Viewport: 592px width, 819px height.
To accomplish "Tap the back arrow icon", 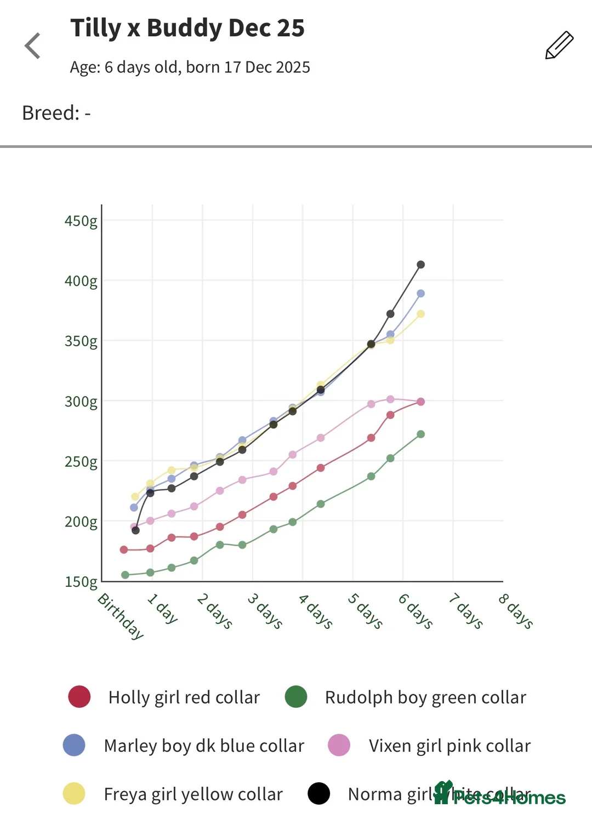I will [33, 45].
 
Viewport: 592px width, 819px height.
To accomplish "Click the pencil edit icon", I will [559, 45].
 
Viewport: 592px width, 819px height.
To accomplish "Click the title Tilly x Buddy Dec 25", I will [187, 28].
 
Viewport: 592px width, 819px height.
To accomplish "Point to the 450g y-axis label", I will [81, 221].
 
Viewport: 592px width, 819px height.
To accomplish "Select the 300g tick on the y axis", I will [81, 402].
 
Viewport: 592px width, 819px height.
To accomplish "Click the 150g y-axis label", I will [81, 582].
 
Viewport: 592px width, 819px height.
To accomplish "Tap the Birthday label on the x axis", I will [121, 616].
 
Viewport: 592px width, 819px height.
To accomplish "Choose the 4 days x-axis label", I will [315, 611].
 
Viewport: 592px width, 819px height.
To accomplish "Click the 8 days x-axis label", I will [516, 611].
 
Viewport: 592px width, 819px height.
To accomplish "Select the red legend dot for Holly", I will [79, 697].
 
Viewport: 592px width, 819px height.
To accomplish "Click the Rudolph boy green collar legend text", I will [425, 697].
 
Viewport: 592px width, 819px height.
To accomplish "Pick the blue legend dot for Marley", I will [74, 746].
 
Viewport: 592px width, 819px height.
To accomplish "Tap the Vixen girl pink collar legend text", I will [449, 746].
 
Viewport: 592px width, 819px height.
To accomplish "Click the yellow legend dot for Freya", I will [74, 794].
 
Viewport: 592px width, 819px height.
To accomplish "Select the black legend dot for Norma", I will [318, 794].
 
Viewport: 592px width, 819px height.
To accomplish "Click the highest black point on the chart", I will [420, 265].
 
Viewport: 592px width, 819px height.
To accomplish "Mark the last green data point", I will [420, 434].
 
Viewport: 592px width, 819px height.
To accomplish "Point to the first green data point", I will [125, 575].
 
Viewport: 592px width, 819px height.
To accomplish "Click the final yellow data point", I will [420, 314].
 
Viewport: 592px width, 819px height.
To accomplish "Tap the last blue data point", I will [420, 294].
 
